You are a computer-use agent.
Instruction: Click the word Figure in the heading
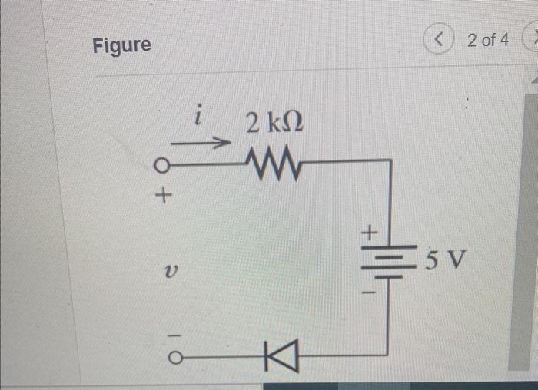click(121, 45)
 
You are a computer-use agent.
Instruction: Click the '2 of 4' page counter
click(487, 39)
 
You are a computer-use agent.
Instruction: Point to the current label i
click(198, 117)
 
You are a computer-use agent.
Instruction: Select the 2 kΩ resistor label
click(274, 122)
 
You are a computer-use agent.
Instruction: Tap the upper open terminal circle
click(161, 164)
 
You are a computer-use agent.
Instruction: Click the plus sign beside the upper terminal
click(161, 196)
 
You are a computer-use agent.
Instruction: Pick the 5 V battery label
click(446, 262)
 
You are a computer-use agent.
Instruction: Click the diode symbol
click(273, 355)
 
